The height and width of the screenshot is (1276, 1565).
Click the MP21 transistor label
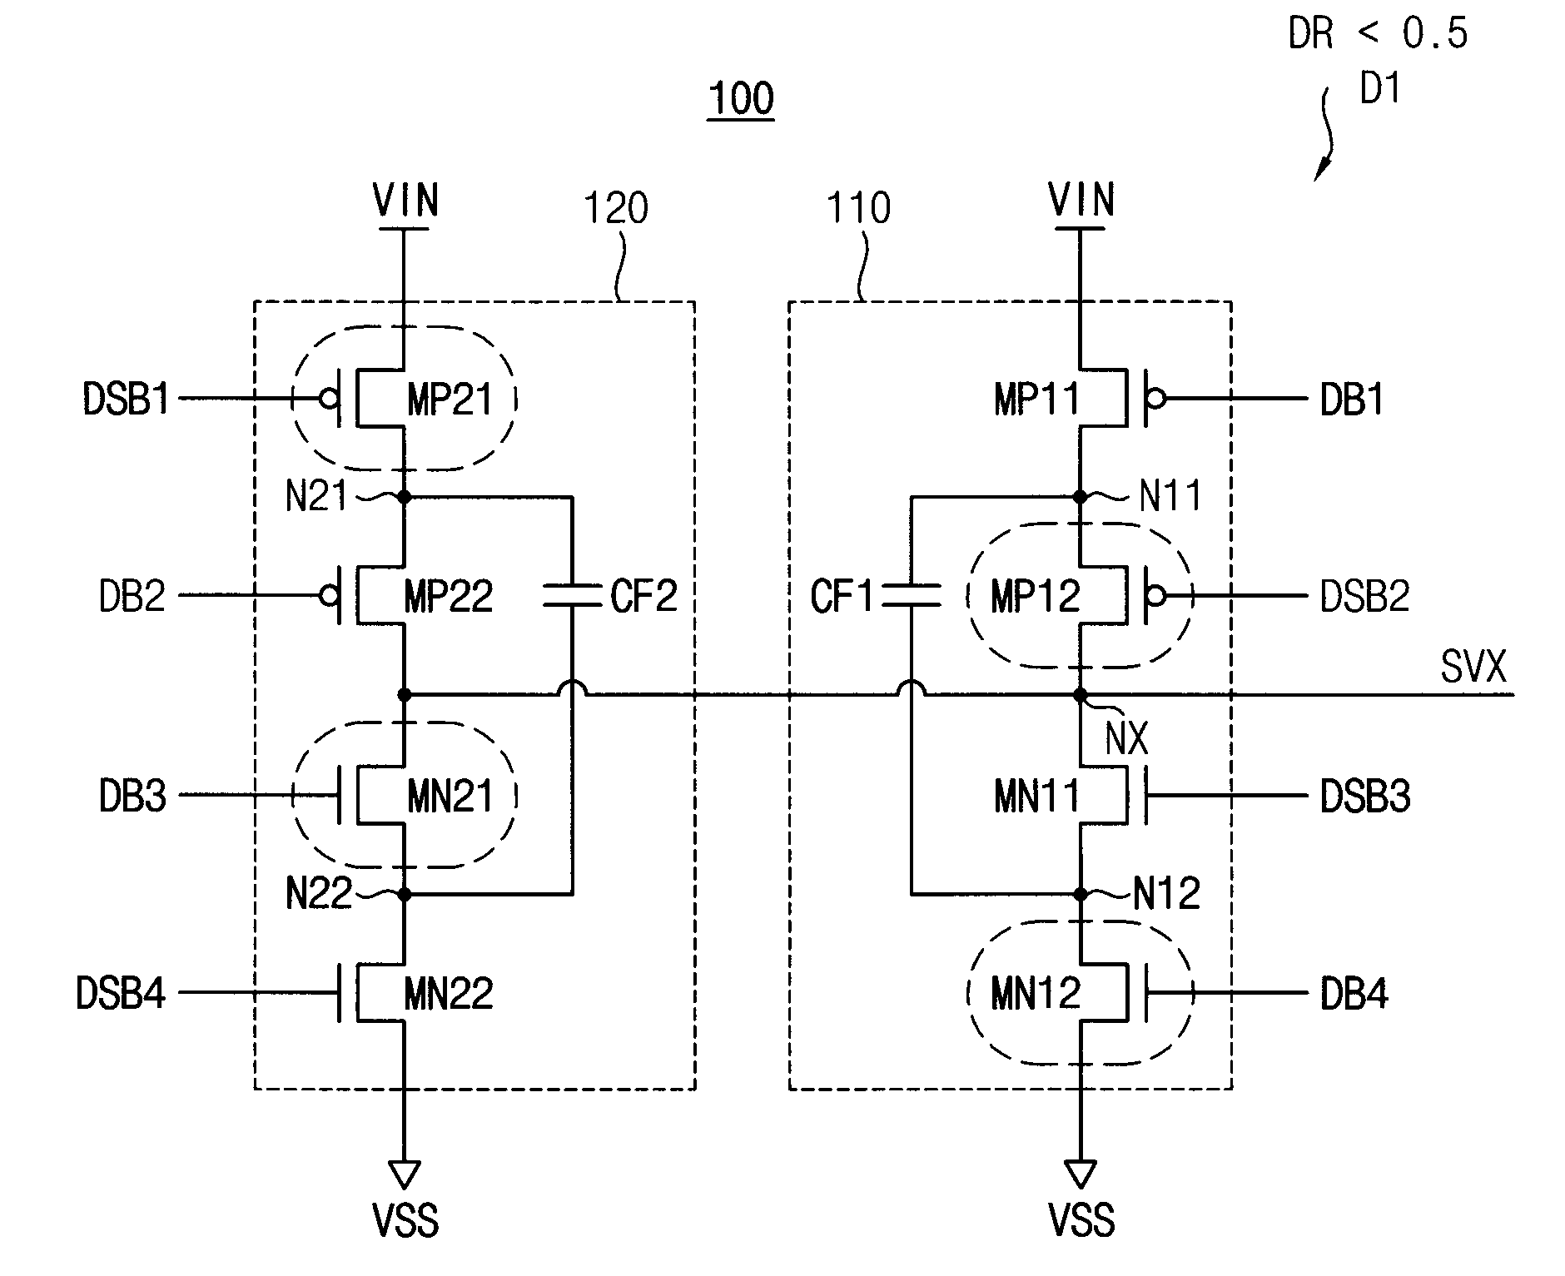point(450,400)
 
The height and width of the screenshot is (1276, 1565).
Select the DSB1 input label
point(126,399)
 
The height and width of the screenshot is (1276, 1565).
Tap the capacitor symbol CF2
point(572,595)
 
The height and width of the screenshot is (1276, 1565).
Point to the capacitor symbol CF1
point(912,595)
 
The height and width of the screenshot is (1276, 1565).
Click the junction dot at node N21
point(405,497)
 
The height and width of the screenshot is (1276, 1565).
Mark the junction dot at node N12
point(1081,894)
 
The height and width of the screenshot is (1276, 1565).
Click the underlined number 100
point(741,99)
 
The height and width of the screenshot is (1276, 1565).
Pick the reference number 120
point(615,208)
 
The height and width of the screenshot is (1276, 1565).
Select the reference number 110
point(858,208)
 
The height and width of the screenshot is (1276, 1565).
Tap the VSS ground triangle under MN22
point(405,1174)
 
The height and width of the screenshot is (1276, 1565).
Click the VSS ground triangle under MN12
point(1081,1174)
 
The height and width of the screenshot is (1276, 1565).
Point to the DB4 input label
point(1354,994)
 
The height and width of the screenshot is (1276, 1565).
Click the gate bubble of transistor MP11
point(1155,399)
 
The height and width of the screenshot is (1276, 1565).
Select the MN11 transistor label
point(1036,797)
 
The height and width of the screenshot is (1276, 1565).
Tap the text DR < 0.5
point(1378,34)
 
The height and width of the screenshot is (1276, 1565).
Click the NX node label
point(1127,738)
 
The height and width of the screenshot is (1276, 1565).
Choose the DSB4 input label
point(121,994)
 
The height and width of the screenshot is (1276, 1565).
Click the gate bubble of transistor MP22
point(330,596)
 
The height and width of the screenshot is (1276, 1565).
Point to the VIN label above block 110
point(1081,201)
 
